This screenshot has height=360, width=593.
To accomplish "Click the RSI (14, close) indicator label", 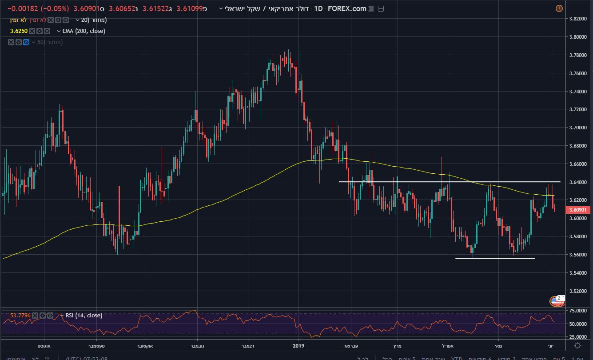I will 84,316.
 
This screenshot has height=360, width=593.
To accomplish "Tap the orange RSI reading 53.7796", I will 20,316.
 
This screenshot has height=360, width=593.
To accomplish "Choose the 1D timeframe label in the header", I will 318,9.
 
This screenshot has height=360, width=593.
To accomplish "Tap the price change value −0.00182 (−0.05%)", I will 38,9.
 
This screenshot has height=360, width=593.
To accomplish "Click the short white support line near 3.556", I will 495,258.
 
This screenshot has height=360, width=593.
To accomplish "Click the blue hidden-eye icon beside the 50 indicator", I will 26,42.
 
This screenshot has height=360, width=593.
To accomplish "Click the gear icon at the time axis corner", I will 577,345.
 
